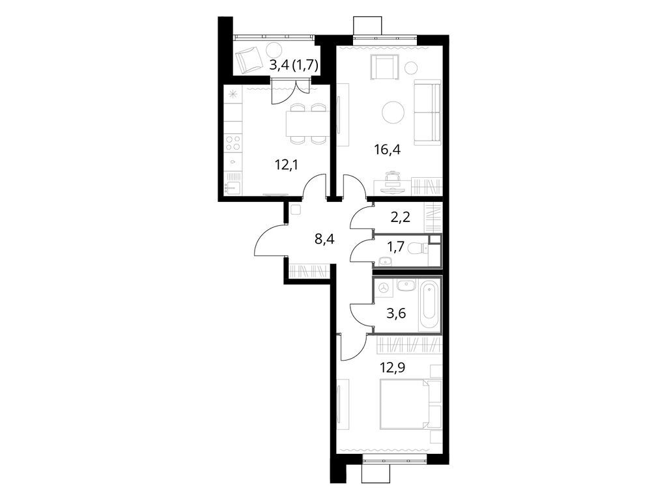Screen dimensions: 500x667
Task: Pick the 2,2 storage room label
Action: pyautogui.click(x=401, y=216)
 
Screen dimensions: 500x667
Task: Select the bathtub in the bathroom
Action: pyautogui.click(x=429, y=304)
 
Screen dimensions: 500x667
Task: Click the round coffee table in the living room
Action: pyautogui.click(x=393, y=113)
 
